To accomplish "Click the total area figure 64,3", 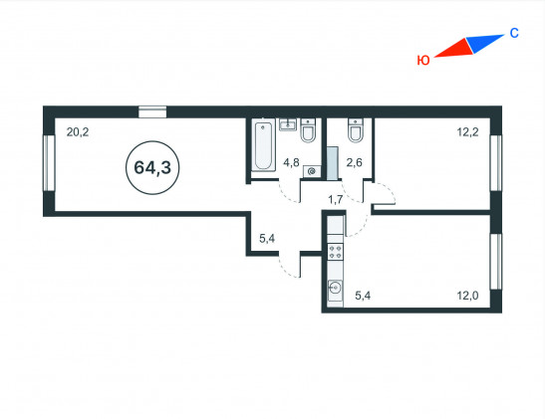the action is tap(152, 167).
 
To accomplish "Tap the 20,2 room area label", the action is tap(78, 132).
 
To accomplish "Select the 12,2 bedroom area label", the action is tap(467, 132).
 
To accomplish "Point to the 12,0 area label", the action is tap(467, 296).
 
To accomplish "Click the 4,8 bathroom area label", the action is tap(291, 162).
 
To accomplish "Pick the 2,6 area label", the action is tap(354, 162).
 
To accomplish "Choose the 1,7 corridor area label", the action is tap(336, 200).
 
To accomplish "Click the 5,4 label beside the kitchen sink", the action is tap(363, 296).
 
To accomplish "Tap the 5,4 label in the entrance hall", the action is tap(267, 239).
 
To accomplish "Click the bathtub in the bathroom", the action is tap(263, 144).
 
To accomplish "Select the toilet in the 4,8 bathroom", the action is tap(308, 130).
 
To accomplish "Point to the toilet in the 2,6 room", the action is tap(356, 130).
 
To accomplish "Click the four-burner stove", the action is tap(336, 252).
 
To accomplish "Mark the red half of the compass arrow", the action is tap(453, 49).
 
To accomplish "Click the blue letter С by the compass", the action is tap(514, 33).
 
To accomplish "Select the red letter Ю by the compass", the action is tap(423, 61).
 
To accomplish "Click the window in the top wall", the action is tap(152, 111).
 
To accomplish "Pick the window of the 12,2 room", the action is tap(496, 163).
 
